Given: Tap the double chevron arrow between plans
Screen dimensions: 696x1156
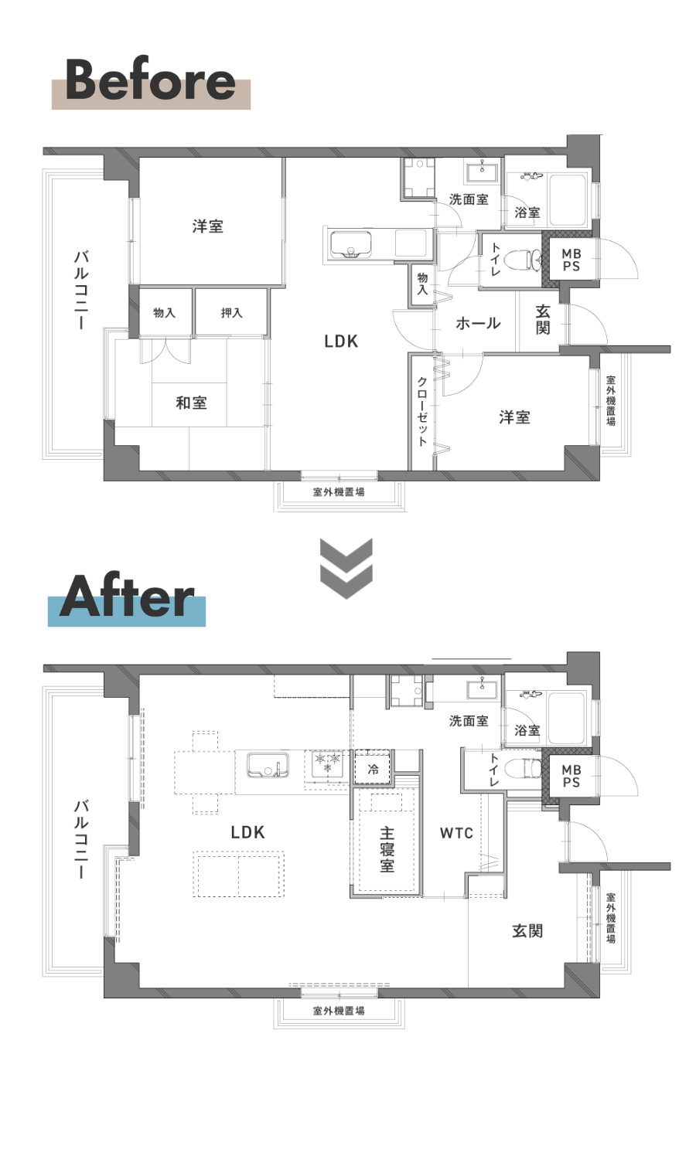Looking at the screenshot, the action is (346, 568).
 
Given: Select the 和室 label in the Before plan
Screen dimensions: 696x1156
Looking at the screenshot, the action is (192, 403).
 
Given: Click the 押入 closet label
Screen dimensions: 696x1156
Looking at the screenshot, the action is (231, 313).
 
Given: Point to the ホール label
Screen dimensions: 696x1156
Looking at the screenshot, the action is (478, 324).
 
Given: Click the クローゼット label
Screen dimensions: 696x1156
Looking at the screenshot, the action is (422, 411).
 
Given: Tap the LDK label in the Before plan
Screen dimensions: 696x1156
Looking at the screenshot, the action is (341, 341).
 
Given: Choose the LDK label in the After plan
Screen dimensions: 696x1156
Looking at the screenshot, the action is (247, 832).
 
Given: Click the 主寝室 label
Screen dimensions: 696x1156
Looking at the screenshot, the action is (387, 849).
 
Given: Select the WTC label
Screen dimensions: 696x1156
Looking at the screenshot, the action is (456, 833).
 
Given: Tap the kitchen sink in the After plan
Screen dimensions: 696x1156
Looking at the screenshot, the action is (268, 765).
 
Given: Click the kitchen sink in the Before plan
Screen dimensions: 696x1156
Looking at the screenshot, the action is (351, 245).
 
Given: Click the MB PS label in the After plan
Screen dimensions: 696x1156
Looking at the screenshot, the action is (571, 776).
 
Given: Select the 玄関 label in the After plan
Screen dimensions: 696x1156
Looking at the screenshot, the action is (527, 931).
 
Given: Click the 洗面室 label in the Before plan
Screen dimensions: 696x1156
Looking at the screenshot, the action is (469, 199).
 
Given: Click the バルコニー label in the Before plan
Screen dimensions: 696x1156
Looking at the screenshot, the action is (81, 290).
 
